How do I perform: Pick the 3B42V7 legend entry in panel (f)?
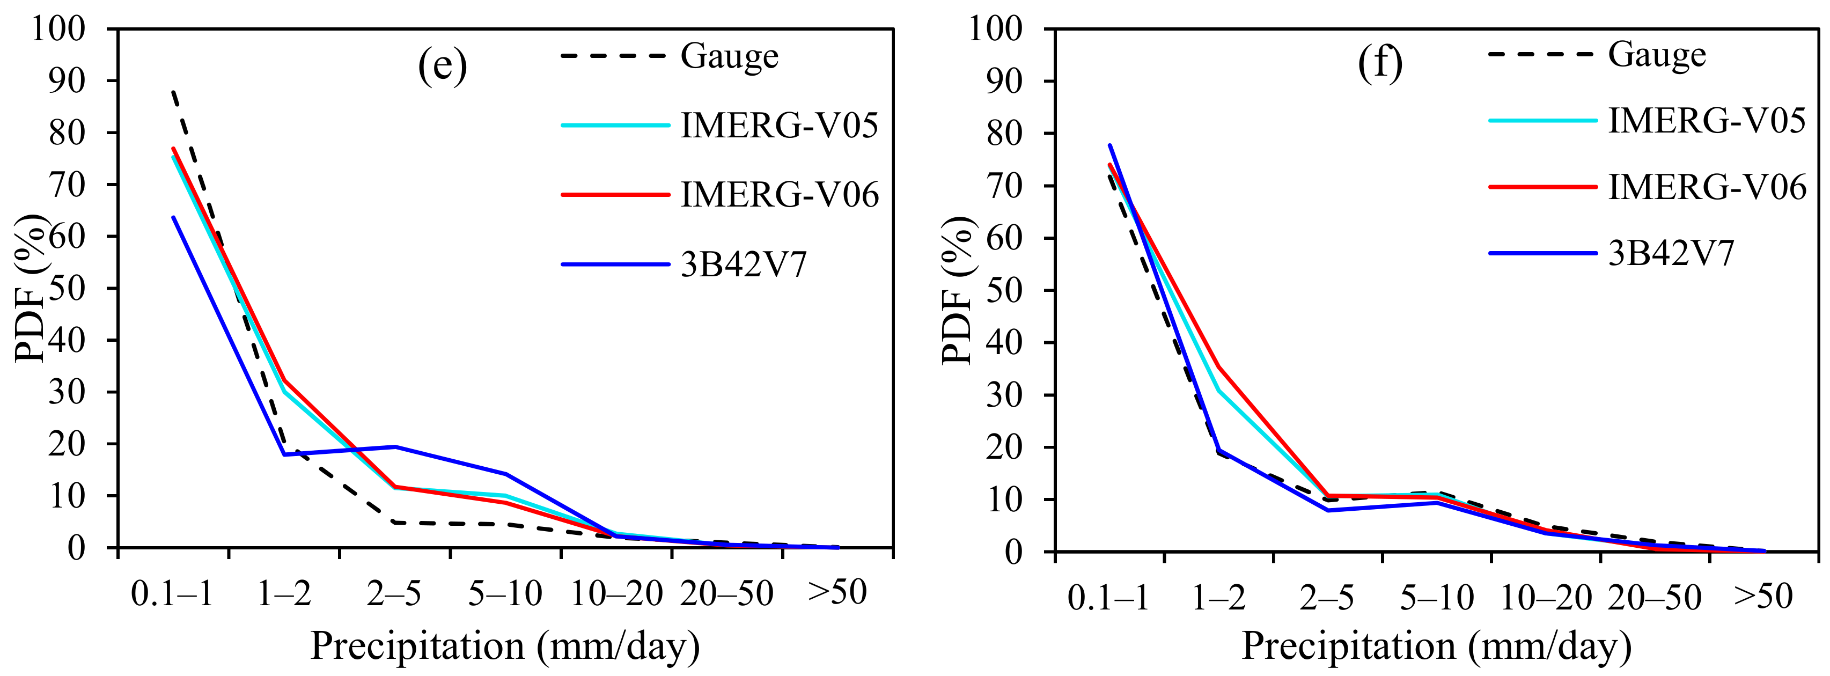(1671, 253)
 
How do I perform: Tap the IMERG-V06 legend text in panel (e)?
(780, 195)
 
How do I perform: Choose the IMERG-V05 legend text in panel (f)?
(1707, 120)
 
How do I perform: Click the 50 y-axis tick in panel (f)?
(1004, 290)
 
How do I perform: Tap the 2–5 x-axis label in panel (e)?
(394, 593)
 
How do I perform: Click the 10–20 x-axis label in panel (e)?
(616, 593)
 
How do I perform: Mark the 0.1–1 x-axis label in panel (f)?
(1108, 597)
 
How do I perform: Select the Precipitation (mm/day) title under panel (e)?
(504, 646)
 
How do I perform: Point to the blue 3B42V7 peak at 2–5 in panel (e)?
(395, 446)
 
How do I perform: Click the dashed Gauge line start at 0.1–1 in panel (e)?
(173, 92)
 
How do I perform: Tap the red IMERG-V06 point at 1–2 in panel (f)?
(1218, 366)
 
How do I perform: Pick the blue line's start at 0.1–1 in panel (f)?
(1109, 145)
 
